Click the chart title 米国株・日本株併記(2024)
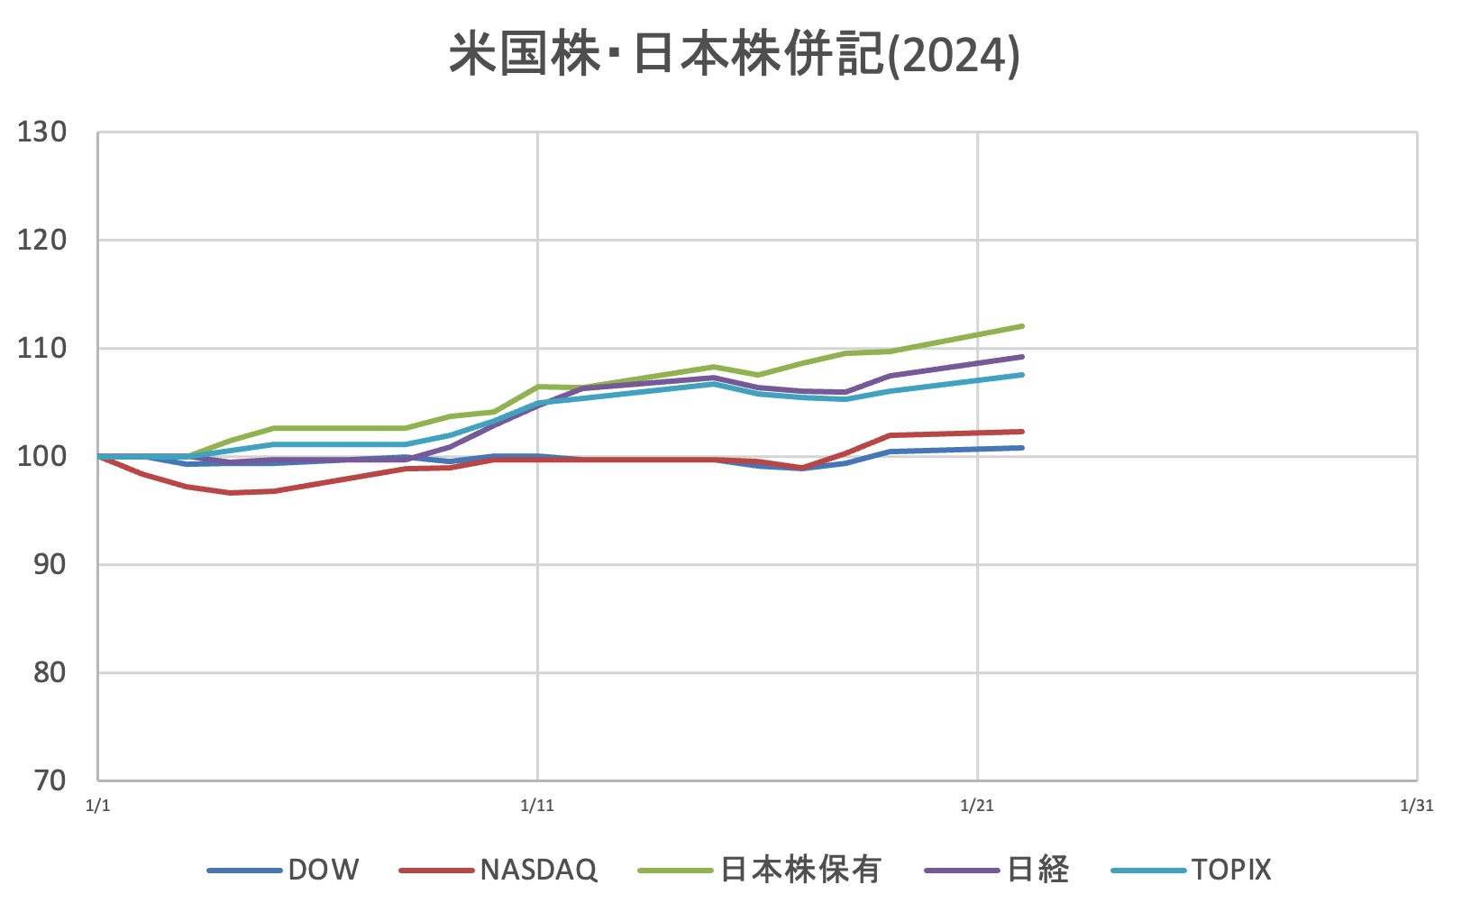click(x=735, y=56)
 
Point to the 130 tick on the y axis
click(x=42, y=132)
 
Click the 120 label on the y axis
click(x=42, y=241)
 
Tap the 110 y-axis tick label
click(x=42, y=349)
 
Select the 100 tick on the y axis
click(x=42, y=457)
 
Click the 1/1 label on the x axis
click(x=97, y=806)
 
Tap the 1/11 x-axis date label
click(x=537, y=806)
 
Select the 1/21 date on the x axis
click(x=977, y=806)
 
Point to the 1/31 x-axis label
click(x=1416, y=806)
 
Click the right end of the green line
click(x=1022, y=326)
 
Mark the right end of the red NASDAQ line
click(x=1022, y=432)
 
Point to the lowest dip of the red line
click(x=231, y=493)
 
